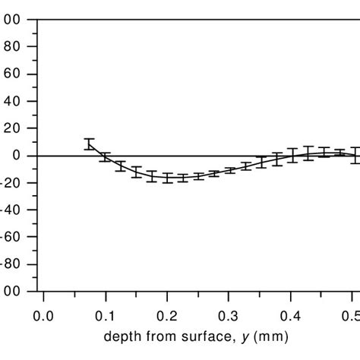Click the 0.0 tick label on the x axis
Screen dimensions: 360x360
tap(44, 314)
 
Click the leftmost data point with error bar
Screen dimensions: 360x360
tap(90, 144)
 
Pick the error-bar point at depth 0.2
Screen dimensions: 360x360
tap(168, 179)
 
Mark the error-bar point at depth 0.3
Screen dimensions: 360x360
tap(229, 170)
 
